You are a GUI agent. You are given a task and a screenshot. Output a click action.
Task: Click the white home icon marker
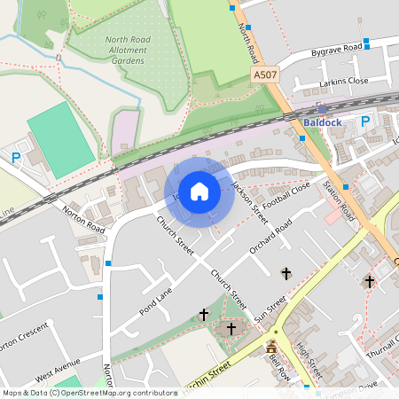click(199, 191)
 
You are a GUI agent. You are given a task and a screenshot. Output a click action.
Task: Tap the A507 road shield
click(265, 76)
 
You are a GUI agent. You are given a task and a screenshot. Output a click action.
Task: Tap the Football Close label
click(287, 193)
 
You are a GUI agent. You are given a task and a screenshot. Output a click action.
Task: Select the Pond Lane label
click(157, 301)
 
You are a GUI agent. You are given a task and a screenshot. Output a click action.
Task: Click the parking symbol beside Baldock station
click(364, 122)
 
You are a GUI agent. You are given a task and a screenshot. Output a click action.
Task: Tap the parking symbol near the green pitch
click(16, 158)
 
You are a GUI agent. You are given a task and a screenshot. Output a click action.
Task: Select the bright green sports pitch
click(59, 139)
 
